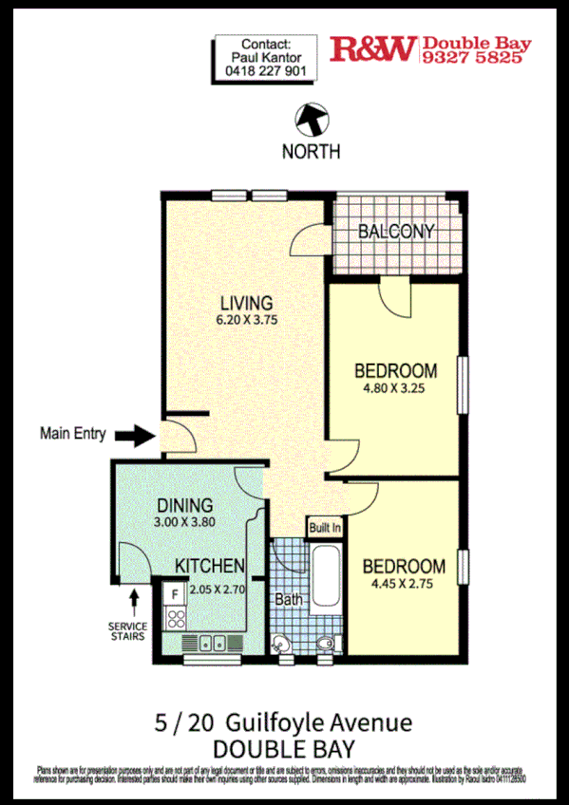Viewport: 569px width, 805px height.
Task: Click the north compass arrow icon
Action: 312,120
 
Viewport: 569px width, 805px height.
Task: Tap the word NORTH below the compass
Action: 312,152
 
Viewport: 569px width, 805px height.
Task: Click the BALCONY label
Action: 396,232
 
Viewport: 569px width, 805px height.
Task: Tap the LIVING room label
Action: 246,303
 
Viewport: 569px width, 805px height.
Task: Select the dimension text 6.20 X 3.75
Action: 247,321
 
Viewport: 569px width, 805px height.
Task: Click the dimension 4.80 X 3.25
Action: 396,388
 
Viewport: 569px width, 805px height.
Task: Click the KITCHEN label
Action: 211,566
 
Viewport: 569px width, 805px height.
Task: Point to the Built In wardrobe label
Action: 324,527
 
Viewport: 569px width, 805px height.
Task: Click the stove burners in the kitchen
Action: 174,618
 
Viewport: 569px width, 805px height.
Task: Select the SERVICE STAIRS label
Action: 127,631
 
